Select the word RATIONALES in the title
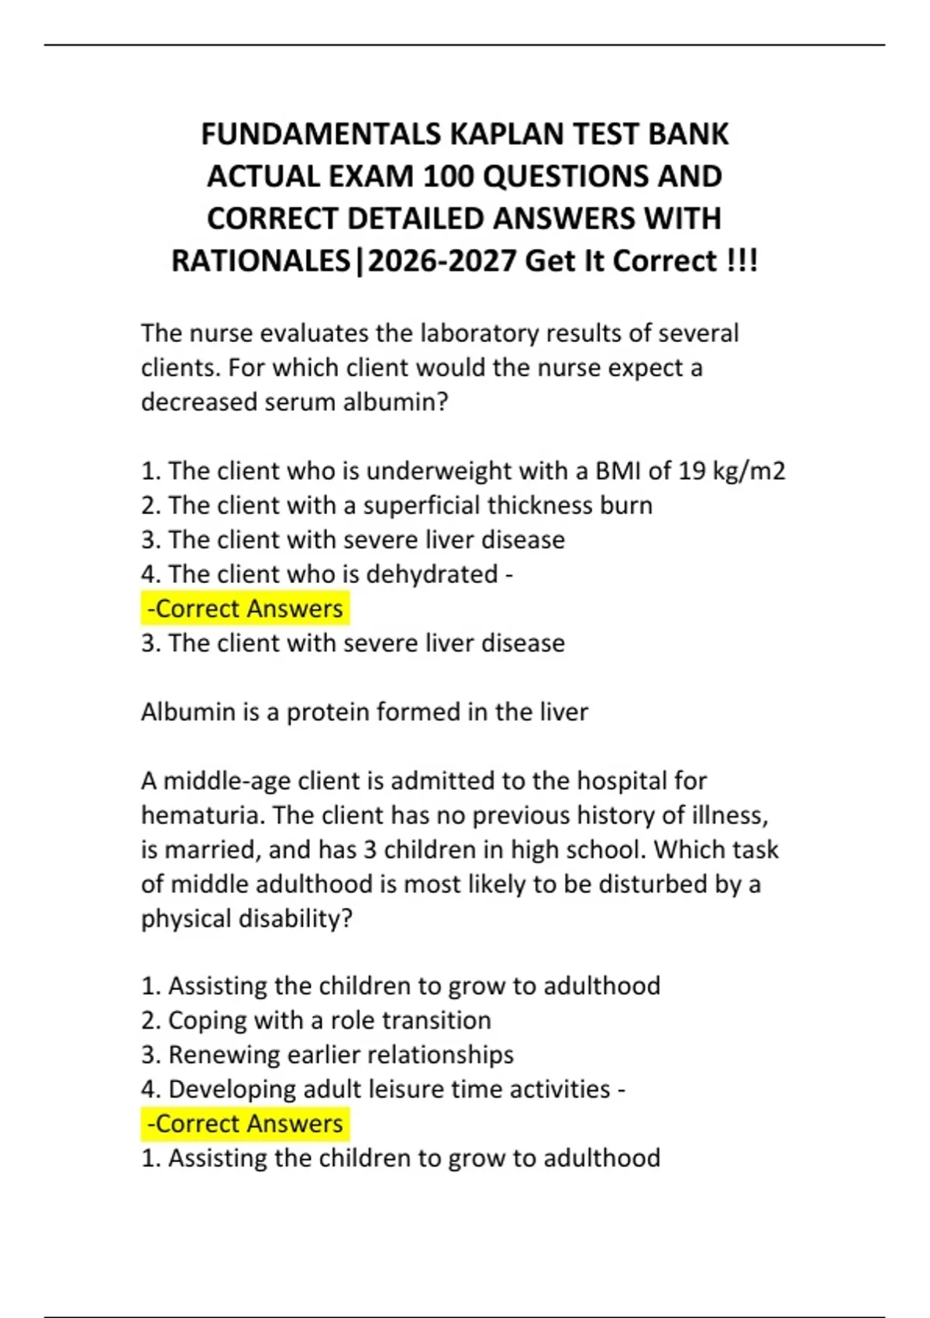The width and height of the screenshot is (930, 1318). point(260,261)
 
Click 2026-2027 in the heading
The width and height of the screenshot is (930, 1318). point(443,261)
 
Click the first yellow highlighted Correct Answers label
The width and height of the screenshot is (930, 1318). point(245,609)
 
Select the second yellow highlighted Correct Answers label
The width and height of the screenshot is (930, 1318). point(245,1123)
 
